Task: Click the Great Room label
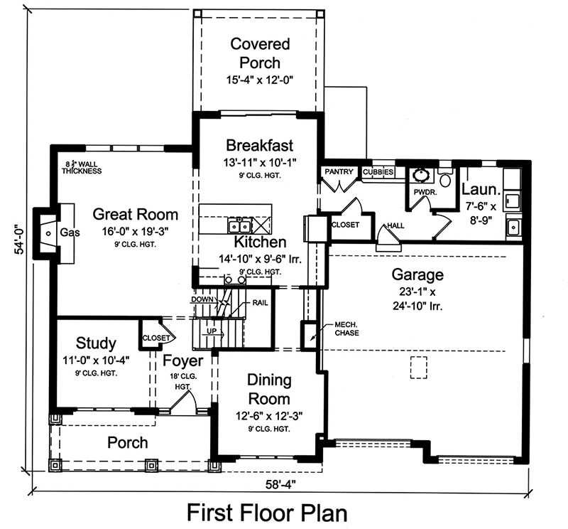click(x=135, y=215)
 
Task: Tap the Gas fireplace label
click(x=68, y=233)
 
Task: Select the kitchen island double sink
click(x=238, y=227)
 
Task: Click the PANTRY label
click(x=339, y=172)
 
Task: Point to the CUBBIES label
click(x=378, y=172)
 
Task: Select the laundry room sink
click(x=514, y=228)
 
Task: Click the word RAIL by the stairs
click(x=259, y=303)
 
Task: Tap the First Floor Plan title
click(x=267, y=512)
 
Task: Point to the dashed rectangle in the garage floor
click(x=420, y=367)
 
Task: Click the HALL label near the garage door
click(x=395, y=226)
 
